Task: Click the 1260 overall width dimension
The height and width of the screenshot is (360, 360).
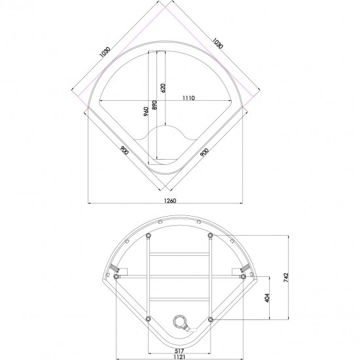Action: (170, 201)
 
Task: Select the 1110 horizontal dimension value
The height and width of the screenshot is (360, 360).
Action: (189, 98)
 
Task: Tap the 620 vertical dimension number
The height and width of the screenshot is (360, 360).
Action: (163, 88)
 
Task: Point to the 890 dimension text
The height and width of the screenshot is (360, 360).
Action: (154, 105)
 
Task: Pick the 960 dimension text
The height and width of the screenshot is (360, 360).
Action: (146, 111)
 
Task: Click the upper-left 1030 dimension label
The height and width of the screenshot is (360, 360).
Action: (105, 52)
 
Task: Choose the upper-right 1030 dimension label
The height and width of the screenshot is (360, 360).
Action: (217, 43)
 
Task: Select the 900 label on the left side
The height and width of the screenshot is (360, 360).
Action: (124, 150)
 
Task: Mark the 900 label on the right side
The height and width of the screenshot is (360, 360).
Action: (204, 153)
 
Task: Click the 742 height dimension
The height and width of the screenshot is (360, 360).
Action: (286, 278)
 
